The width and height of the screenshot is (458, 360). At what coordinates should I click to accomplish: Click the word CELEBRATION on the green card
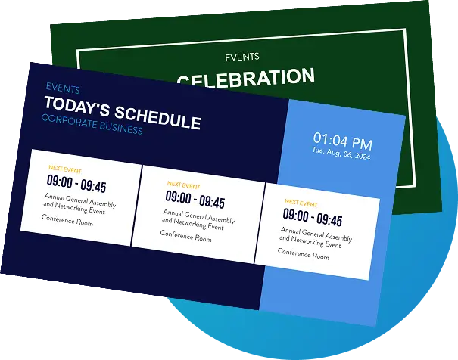(x=246, y=77)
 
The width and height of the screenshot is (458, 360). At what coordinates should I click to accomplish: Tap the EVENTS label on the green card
(x=242, y=57)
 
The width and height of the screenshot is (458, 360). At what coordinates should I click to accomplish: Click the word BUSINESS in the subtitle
(x=121, y=128)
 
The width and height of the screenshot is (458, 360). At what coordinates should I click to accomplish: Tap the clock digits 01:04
(x=330, y=139)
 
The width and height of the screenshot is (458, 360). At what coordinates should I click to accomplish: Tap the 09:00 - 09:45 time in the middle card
(x=195, y=200)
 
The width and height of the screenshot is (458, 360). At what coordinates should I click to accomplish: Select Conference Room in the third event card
(x=303, y=253)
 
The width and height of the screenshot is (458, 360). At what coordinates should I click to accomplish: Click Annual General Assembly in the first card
(x=76, y=198)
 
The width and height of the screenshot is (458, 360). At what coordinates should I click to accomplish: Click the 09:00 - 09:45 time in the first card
(x=76, y=184)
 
